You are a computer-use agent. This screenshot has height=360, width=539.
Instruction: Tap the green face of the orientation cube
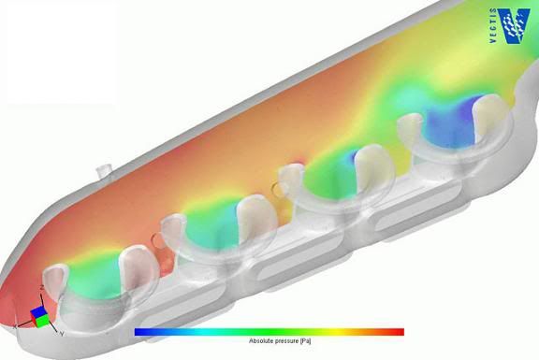click(x=43, y=320)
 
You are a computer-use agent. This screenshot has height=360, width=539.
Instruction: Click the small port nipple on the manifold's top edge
click(x=103, y=174)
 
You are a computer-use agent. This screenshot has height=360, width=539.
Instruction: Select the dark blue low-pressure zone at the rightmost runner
click(x=456, y=119)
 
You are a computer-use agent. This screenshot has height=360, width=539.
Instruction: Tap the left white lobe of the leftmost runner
click(x=54, y=281)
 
